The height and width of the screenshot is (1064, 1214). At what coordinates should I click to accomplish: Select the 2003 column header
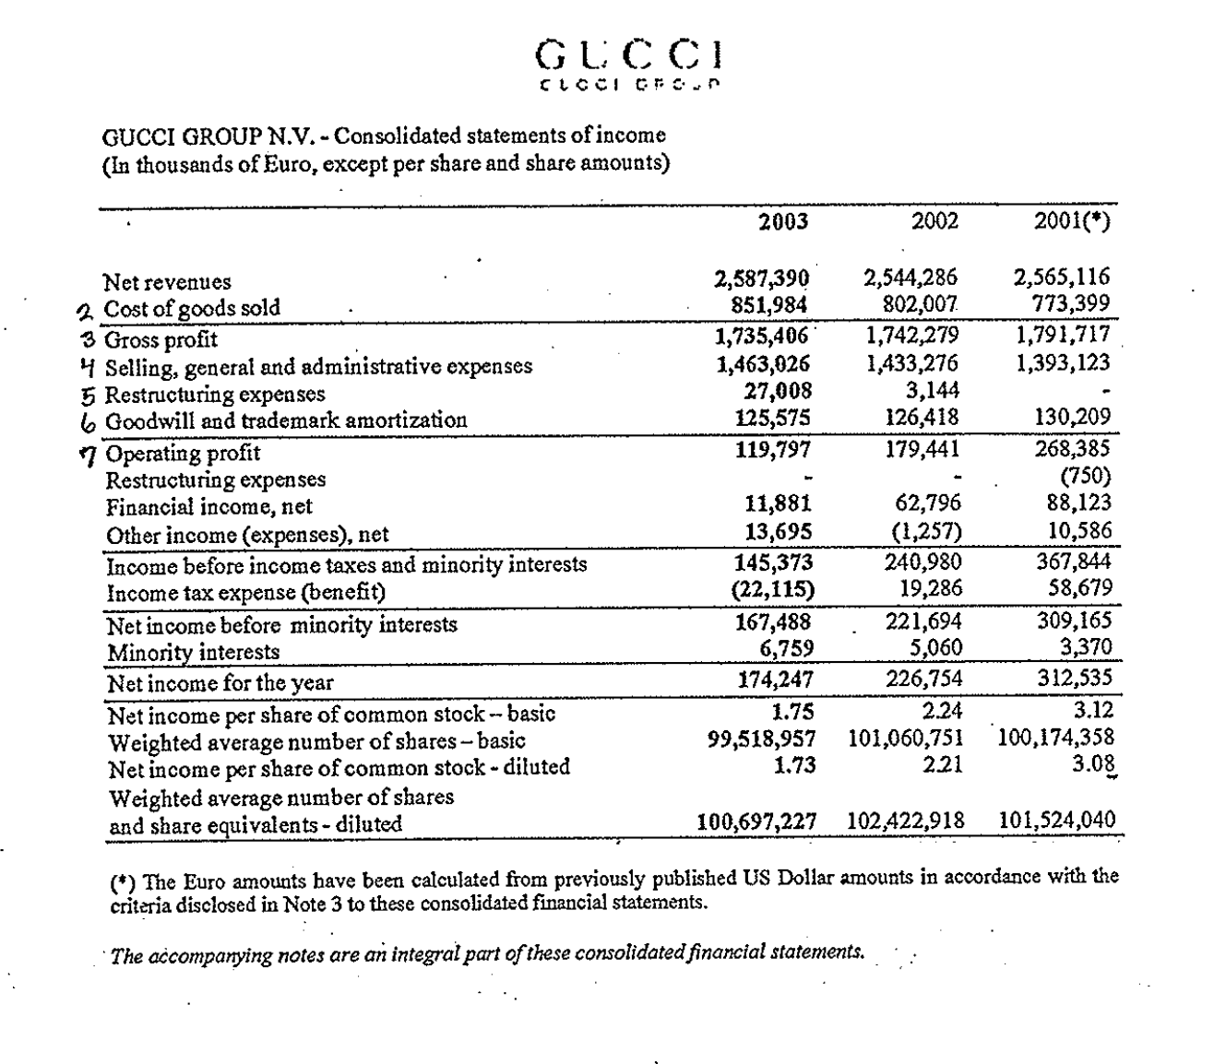(x=783, y=221)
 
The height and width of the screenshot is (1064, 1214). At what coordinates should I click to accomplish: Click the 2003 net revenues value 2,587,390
(x=763, y=278)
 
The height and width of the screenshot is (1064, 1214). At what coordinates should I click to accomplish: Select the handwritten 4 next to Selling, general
(x=88, y=366)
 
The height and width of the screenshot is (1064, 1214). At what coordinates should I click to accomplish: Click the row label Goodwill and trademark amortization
(x=286, y=420)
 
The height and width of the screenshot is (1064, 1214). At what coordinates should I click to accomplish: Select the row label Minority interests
(x=193, y=652)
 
